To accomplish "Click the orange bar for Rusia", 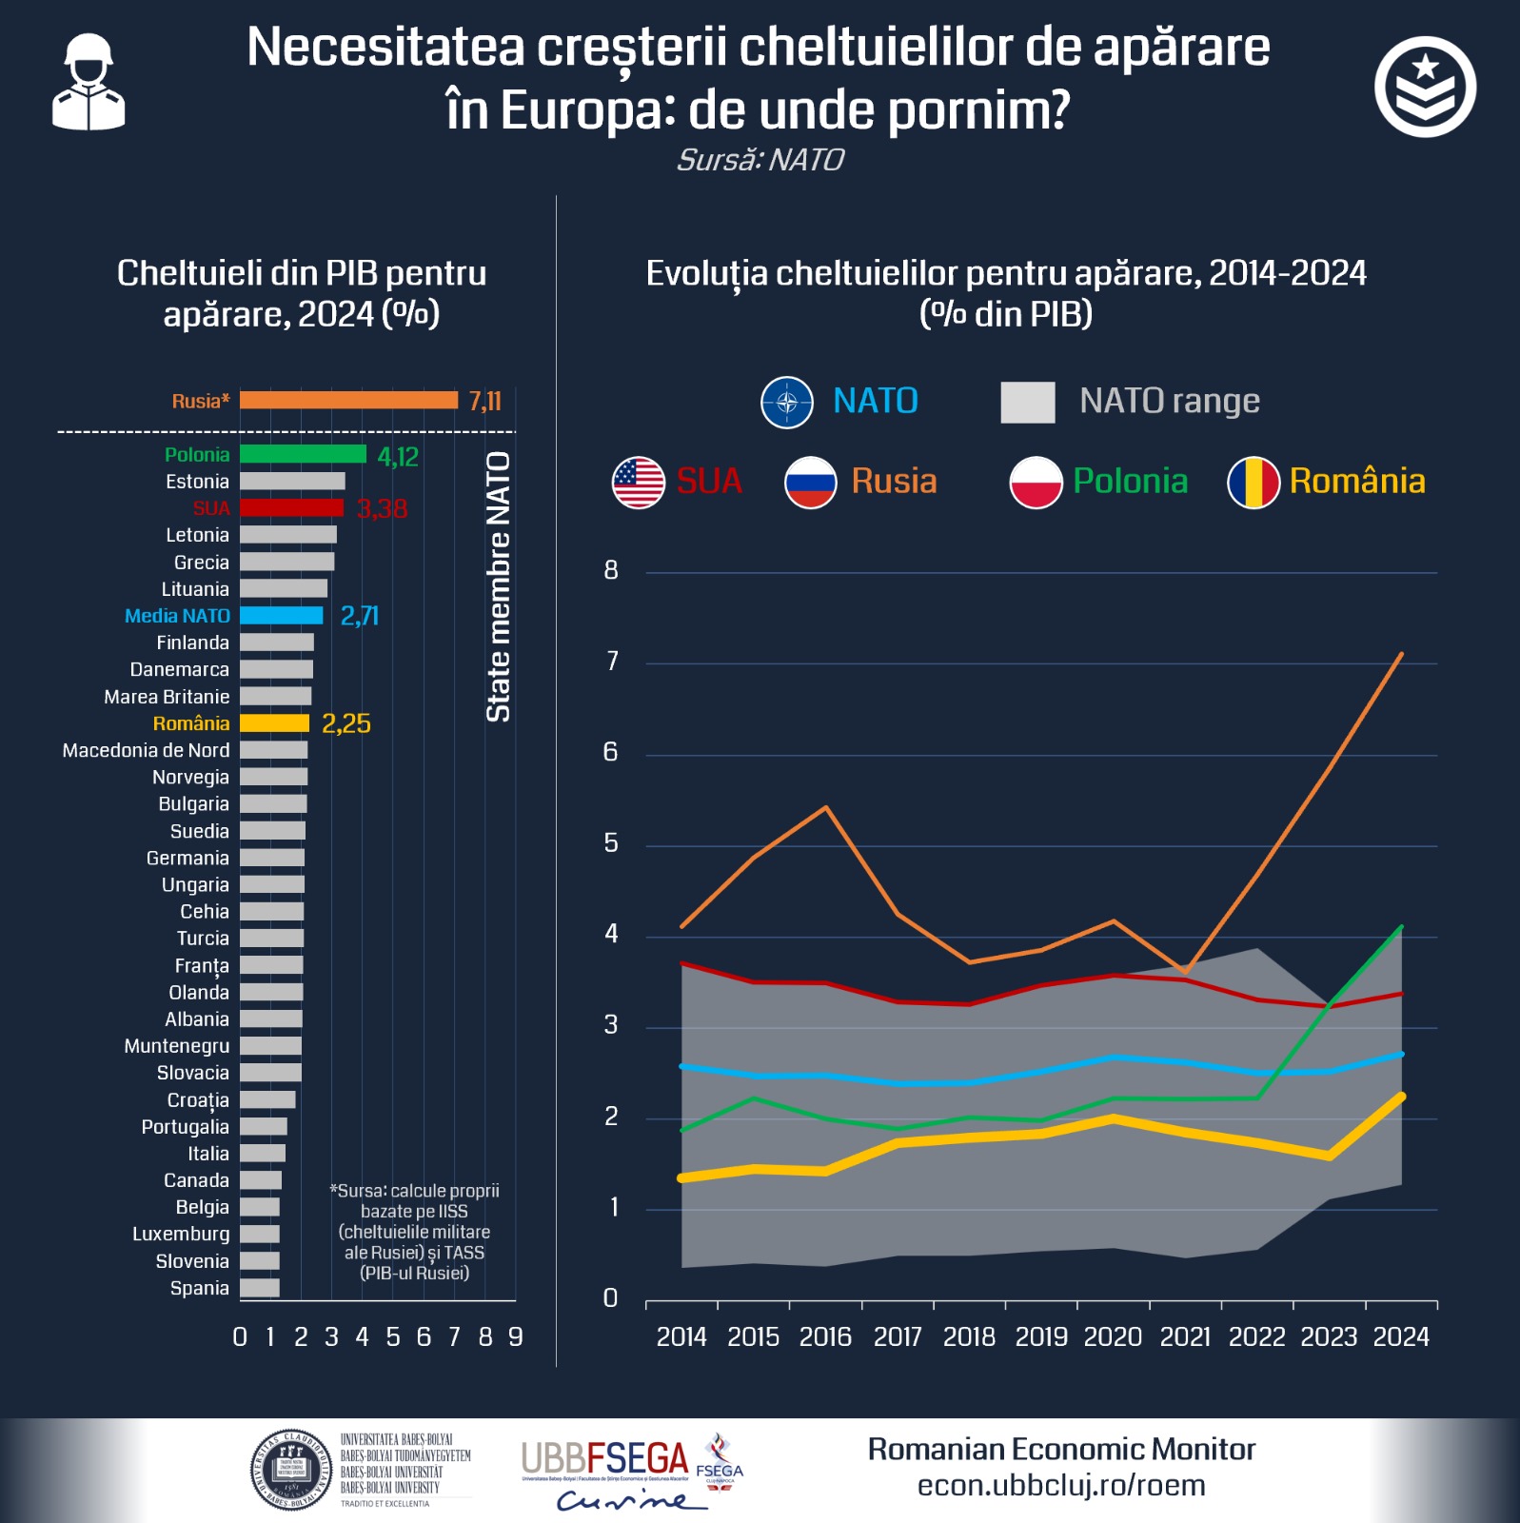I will (348, 401).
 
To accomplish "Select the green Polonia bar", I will (303, 454).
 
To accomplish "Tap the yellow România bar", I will (274, 723).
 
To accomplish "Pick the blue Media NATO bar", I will (281, 616).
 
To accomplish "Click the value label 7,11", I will (484, 401).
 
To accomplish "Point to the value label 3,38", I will (382, 508).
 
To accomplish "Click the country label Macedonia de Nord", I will (146, 750).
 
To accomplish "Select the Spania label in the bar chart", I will (199, 1288).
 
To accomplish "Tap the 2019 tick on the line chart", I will (1041, 1337).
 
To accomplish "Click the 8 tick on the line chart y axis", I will (611, 570).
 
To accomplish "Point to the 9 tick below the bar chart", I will (515, 1337).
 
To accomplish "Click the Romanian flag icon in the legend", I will (1254, 483).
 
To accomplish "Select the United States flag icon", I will (638, 483).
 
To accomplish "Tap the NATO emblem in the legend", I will (787, 403).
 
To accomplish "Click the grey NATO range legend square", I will (1027, 403).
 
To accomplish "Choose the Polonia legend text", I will (1130, 482).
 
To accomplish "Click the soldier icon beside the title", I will (89, 83).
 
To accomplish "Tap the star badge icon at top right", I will (1425, 87).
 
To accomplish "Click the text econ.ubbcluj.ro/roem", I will (1061, 1485).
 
